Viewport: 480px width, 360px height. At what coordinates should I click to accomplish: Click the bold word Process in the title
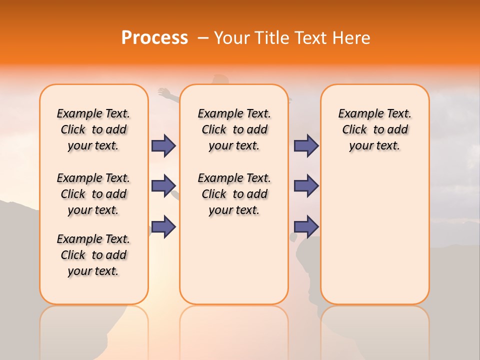pos(154,38)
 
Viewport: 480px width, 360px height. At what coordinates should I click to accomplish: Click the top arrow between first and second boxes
pos(163,145)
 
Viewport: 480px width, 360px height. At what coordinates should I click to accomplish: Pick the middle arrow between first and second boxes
pos(163,186)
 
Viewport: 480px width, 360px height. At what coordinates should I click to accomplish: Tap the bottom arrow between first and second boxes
pos(163,226)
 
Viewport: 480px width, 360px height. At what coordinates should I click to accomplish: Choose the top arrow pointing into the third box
pos(306,145)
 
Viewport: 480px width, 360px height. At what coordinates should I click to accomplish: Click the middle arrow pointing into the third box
pos(306,186)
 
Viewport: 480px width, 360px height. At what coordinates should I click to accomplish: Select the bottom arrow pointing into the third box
pos(306,226)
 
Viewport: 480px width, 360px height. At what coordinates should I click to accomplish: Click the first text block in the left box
pos(93,129)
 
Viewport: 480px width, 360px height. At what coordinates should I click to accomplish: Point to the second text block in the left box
pos(93,194)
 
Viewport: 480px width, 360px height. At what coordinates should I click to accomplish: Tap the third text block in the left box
pos(93,255)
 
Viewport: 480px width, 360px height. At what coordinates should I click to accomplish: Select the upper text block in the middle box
pos(234,129)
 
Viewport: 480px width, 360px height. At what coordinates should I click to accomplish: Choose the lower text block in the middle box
pos(234,194)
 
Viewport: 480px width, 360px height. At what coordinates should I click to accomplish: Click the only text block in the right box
pos(374,129)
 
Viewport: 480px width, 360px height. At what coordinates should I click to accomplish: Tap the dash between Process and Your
pos(203,38)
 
